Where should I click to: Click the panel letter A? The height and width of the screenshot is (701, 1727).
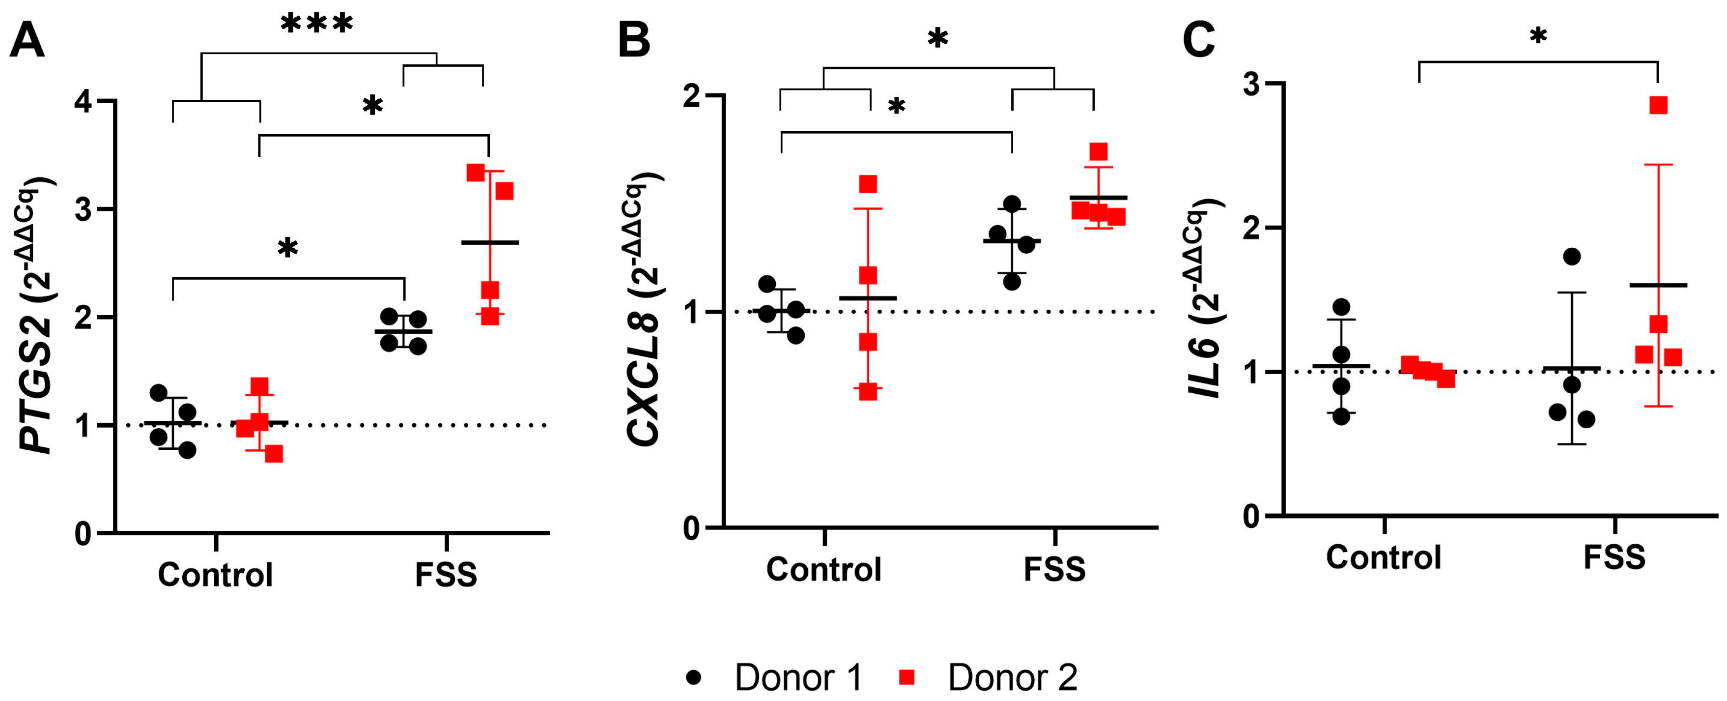click(27, 40)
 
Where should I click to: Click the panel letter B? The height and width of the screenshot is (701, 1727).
click(633, 40)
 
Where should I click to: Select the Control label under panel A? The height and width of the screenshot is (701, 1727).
click(215, 575)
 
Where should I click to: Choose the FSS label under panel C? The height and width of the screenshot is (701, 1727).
click(1614, 557)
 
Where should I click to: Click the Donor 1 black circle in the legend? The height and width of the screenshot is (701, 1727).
click(694, 677)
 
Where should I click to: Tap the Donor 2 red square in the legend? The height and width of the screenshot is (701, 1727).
click(907, 677)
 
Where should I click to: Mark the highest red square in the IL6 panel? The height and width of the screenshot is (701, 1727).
click(1658, 105)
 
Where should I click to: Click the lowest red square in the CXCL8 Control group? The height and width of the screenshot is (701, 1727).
click(868, 392)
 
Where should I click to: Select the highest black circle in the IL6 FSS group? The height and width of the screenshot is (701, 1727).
click(1571, 256)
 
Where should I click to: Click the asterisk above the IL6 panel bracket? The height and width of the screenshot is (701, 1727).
click(1538, 37)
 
